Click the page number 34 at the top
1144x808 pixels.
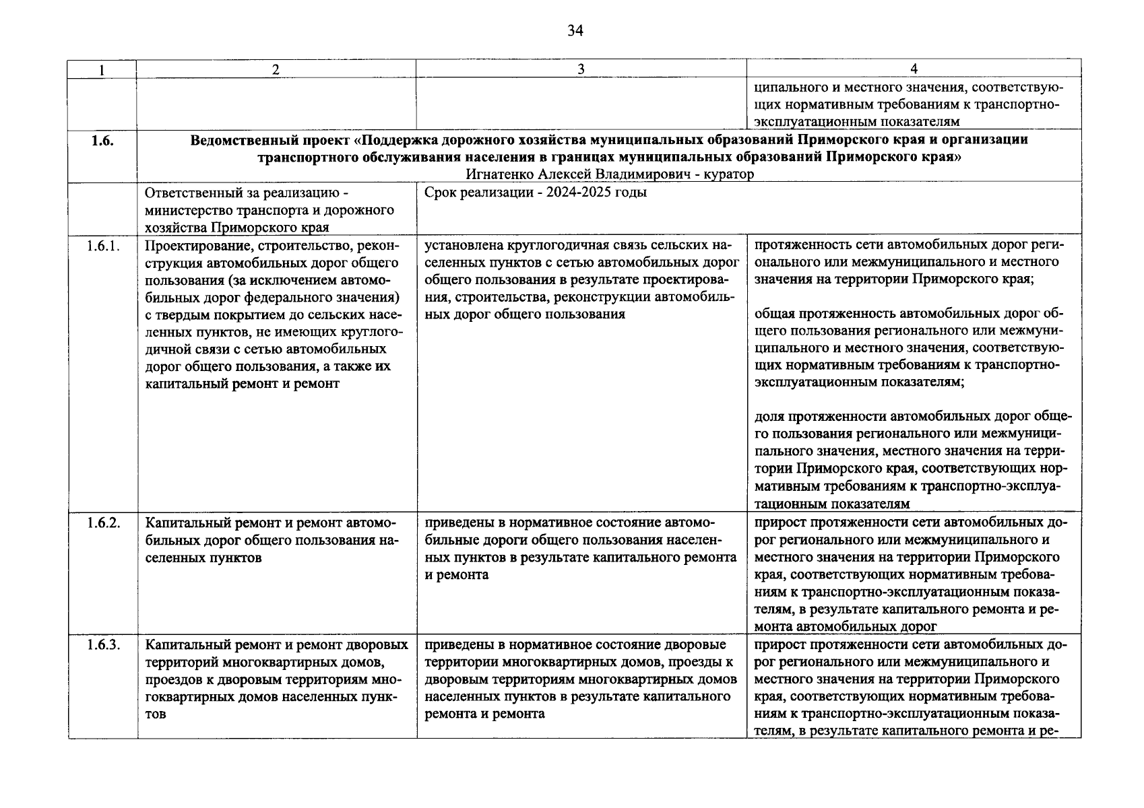tap(575, 31)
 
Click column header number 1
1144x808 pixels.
tap(102, 69)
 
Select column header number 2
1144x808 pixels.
tap(276, 69)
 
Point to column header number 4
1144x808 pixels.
tap(914, 69)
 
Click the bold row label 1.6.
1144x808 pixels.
tap(102, 141)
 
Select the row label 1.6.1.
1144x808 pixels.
tap(103, 246)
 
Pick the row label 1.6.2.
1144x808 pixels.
tap(103, 523)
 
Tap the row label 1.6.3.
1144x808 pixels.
tap(103, 645)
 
